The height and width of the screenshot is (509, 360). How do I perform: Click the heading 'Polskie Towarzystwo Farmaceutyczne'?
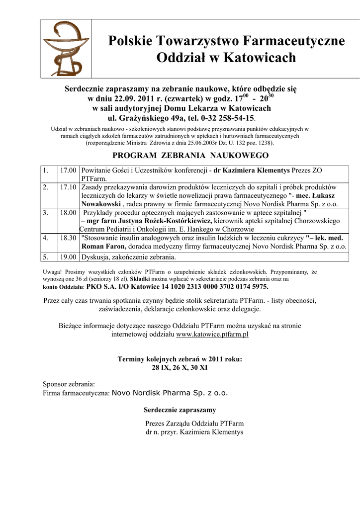(x=226, y=41)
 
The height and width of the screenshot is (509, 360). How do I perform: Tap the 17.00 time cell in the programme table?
(x=68, y=170)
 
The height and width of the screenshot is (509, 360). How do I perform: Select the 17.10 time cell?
(x=68, y=187)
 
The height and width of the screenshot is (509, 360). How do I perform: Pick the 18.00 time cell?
(x=68, y=212)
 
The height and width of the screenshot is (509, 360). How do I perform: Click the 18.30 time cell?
(x=68, y=238)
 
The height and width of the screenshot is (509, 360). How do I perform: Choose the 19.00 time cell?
(x=68, y=257)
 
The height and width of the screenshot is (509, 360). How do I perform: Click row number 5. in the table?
(x=46, y=257)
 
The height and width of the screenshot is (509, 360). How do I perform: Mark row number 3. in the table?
(x=46, y=212)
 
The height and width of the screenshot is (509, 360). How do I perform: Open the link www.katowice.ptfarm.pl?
(x=212, y=335)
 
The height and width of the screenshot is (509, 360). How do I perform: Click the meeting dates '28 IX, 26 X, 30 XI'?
(x=180, y=368)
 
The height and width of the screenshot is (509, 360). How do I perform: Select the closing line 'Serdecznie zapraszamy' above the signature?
(x=180, y=410)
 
